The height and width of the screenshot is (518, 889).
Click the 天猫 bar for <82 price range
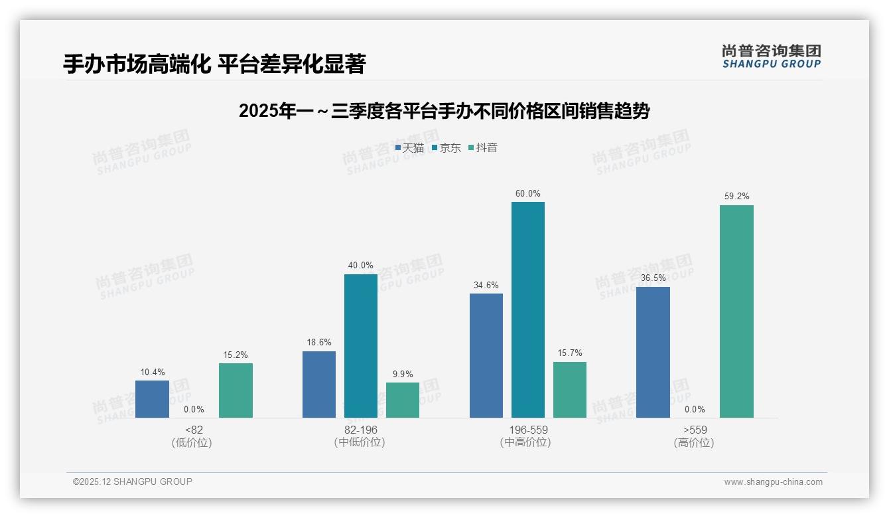click(152, 399)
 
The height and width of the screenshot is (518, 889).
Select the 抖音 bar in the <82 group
click(236, 390)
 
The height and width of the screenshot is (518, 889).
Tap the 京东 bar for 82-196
click(361, 346)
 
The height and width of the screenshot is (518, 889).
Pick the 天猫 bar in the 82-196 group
click(319, 385)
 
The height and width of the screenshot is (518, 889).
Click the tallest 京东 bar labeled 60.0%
click(528, 309)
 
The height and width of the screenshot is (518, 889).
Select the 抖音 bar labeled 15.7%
click(570, 390)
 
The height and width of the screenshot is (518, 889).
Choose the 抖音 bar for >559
click(736, 311)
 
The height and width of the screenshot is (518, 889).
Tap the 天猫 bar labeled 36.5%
click(653, 352)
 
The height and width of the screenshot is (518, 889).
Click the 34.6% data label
click(486, 286)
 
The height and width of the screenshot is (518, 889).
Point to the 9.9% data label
click(403, 375)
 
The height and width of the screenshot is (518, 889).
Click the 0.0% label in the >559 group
click(695, 410)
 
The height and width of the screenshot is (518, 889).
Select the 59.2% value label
click(736, 197)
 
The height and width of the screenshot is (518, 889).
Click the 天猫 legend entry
click(409, 148)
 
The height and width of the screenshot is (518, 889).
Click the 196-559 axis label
click(528, 430)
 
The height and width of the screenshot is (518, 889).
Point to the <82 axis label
click(194, 430)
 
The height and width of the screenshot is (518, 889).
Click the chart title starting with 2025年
click(444, 111)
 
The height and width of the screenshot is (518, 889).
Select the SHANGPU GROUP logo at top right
click(771, 56)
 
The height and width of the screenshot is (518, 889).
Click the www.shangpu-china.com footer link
click(773, 482)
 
